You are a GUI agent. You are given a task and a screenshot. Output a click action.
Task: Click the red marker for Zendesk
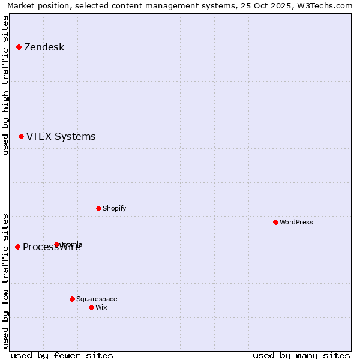(x=19, y=47)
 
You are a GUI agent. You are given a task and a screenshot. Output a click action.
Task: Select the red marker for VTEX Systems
(x=21, y=136)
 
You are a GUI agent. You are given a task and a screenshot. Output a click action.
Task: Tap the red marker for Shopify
(x=98, y=208)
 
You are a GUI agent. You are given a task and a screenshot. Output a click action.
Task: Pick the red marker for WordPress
(x=275, y=222)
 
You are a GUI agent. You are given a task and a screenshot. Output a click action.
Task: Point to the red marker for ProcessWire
(x=17, y=247)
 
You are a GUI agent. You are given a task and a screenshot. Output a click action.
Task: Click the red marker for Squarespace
(x=72, y=299)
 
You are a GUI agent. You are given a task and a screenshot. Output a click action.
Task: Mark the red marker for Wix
(x=91, y=307)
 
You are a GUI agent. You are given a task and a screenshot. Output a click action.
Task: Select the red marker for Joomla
(x=56, y=244)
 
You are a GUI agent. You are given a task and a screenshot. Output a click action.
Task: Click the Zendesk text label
(x=44, y=47)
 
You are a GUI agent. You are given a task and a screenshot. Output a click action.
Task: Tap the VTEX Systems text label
(x=61, y=137)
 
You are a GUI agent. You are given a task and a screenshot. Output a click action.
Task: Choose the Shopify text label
(x=114, y=209)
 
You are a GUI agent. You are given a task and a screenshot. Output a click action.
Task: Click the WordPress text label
(x=296, y=223)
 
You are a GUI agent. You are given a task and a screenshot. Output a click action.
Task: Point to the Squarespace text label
(x=97, y=299)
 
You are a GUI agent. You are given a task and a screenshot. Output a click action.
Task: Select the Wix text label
(x=101, y=308)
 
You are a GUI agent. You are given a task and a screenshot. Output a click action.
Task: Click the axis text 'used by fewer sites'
(x=62, y=355)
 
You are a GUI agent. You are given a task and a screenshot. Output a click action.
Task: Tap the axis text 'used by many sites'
(x=301, y=355)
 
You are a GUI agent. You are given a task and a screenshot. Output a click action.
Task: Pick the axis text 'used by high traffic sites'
(x=5, y=85)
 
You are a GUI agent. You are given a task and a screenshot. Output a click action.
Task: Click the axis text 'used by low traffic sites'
(x=5, y=280)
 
